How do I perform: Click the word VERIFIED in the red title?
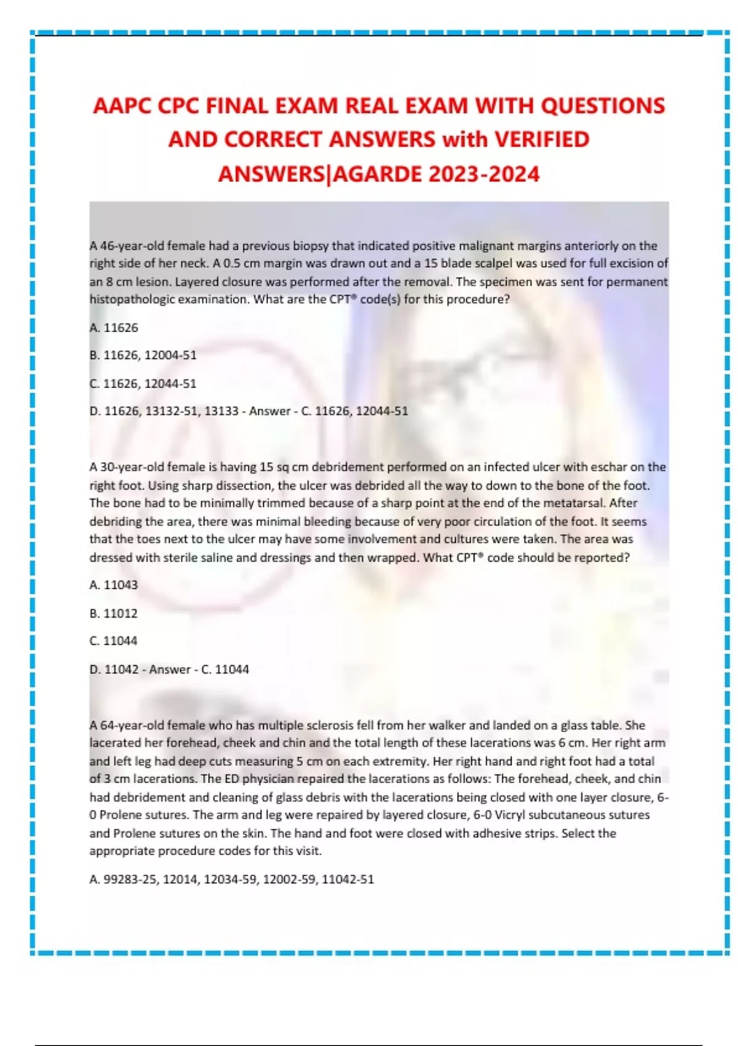pos(542,140)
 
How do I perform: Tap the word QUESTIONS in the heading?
pos(602,106)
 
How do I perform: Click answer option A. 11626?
pos(114,327)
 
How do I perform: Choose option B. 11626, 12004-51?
pos(143,355)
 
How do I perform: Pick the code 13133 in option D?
pos(221,411)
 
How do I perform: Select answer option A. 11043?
pos(114,585)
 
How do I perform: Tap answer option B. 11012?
pos(114,613)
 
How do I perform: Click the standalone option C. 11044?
pos(114,641)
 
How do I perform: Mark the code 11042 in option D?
pos(121,669)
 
